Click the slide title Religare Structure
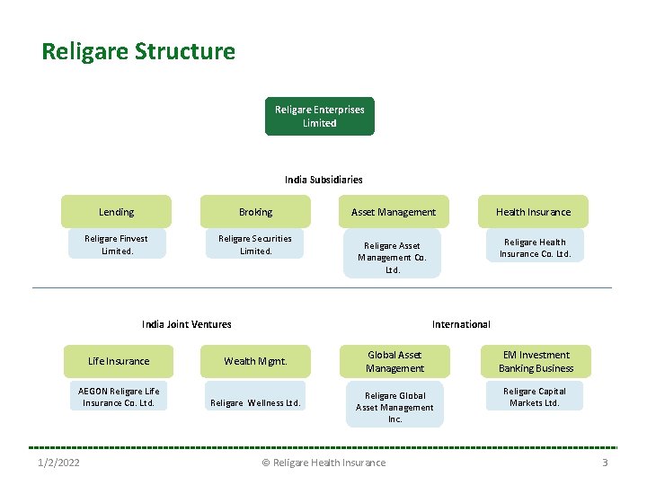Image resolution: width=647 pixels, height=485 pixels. point(138,51)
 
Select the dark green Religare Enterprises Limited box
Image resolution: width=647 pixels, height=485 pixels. point(319,116)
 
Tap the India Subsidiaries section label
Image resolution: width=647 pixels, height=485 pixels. point(323,180)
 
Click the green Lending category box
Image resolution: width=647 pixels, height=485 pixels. point(116,212)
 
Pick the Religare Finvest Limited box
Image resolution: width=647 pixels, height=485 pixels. point(116,244)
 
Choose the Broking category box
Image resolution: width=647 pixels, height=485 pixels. point(255,212)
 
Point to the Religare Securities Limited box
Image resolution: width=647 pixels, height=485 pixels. point(255,244)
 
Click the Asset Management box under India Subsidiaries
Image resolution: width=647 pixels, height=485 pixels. point(394,212)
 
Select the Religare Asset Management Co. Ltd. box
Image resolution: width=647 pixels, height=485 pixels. point(393,257)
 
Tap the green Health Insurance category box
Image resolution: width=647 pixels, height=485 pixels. point(533,212)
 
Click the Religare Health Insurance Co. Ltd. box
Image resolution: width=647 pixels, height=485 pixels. point(535,248)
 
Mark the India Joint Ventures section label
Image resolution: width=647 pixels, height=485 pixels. point(186,324)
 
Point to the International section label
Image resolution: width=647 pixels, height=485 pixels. point(461,324)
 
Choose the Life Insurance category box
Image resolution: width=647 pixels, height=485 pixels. point(119,361)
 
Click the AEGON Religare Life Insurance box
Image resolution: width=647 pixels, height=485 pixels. point(119,397)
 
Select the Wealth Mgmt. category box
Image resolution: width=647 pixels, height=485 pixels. point(255,361)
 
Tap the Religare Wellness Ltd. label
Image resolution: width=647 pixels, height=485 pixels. point(255,403)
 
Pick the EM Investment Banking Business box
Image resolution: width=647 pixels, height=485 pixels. point(536,361)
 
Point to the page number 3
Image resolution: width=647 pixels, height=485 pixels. point(605,463)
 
